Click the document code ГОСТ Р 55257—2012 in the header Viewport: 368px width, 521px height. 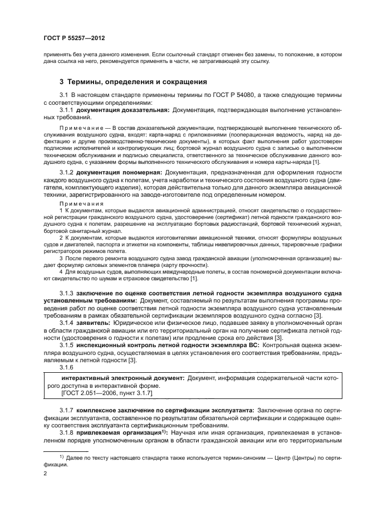click(73, 37)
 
